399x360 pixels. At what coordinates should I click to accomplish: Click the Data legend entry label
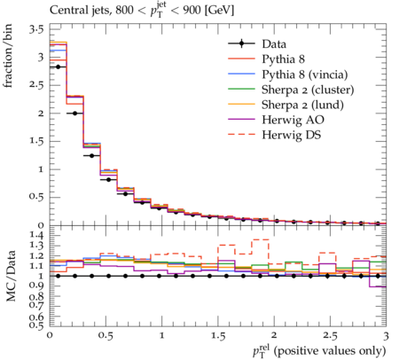274,44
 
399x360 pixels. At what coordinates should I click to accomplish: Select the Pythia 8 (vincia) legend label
305,74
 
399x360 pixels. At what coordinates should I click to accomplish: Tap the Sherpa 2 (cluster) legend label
308,90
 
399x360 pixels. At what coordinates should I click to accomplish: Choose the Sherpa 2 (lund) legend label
302,105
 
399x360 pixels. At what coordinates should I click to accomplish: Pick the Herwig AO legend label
293,120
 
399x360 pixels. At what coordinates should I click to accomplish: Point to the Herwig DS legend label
292,135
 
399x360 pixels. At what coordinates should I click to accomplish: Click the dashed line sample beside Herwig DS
241,135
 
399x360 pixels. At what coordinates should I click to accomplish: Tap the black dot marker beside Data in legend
241,43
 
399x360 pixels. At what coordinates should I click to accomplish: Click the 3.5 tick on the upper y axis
36,30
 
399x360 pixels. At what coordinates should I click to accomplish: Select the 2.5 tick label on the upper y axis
36,85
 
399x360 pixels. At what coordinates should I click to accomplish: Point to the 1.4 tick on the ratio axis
36,236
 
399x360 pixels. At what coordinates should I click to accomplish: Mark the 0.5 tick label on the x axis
106,336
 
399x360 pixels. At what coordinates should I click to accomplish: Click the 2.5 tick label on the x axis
330,336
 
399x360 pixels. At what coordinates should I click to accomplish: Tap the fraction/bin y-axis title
8,56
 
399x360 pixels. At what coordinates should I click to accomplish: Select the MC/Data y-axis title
11,276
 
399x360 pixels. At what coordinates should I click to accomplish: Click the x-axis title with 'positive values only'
319,351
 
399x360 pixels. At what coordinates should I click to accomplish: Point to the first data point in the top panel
58,67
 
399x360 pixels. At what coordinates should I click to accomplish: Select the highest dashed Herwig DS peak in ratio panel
260,239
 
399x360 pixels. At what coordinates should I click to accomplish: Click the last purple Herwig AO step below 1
378,286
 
